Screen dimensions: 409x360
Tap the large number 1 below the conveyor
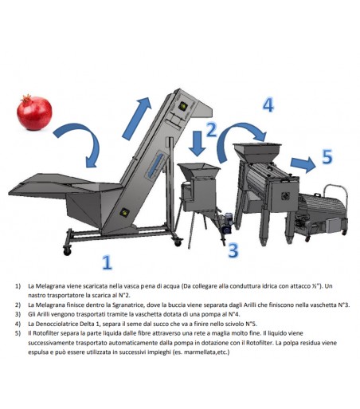pyautogui.click(x=107, y=261)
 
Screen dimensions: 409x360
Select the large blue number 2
pyautogui.click(x=211, y=132)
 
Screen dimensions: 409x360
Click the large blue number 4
pyautogui.click(x=268, y=104)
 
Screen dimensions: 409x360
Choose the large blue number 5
pyautogui.click(x=327, y=156)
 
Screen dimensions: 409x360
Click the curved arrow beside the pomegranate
pyautogui.click(x=83, y=144)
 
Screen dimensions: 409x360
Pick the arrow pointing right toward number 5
pyautogui.click(x=301, y=164)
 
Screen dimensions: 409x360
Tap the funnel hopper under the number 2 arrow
pyautogui.click(x=195, y=173)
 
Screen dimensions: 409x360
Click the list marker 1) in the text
pyautogui.click(x=18, y=285)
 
